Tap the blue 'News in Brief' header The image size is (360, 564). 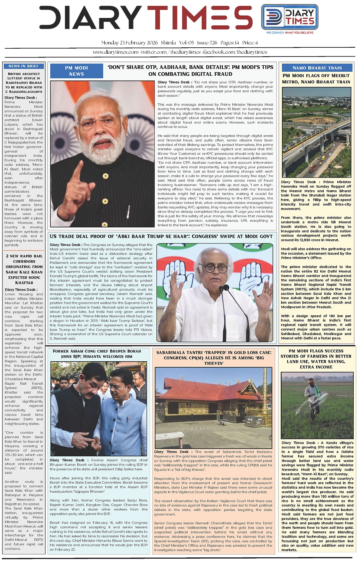click(23, 66)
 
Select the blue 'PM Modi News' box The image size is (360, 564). click(76, 71)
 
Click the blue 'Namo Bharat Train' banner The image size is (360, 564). click(317, 68)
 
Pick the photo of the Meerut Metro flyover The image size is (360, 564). click(316, 133)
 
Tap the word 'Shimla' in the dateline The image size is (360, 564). click(168, 43)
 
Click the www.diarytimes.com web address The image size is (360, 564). click(116, 52)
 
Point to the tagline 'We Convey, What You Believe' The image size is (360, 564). click(290, 33)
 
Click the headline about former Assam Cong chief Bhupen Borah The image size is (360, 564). click(97, 354)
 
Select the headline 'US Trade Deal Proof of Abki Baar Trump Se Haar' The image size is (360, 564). click(161, 236)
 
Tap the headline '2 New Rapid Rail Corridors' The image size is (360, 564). click(24, 269)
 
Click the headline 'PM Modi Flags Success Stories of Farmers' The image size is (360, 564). click(316, 359)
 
